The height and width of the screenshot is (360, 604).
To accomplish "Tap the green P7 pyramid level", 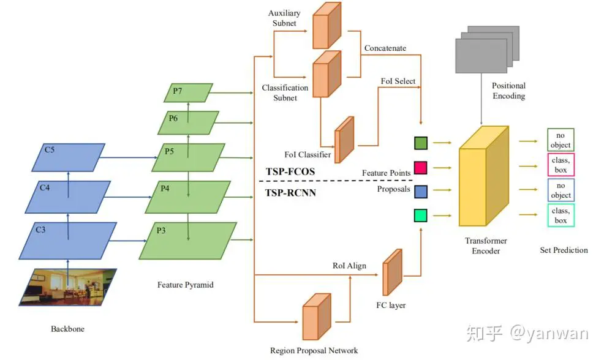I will pos(189,92).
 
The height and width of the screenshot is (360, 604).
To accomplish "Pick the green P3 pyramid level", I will pos(188,240).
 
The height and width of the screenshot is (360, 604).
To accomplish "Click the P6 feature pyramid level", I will pos(188,122).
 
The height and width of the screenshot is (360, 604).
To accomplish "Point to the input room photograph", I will pos(67,287).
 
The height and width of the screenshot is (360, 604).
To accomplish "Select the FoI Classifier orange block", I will pos(345,140).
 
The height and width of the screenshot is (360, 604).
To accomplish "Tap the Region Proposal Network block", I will pos(315,317).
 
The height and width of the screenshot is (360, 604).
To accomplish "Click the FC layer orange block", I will pos(392,273).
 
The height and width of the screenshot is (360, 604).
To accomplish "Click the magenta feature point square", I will pos(420,167).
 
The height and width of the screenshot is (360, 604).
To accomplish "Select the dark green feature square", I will pos(420,143).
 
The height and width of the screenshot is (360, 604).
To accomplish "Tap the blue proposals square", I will pos(420,191).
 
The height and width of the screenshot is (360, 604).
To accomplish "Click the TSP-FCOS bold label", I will pos(290,171).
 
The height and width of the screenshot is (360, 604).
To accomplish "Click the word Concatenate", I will pos(385,48).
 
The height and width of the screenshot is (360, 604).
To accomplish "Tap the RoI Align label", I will pos(349,265).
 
